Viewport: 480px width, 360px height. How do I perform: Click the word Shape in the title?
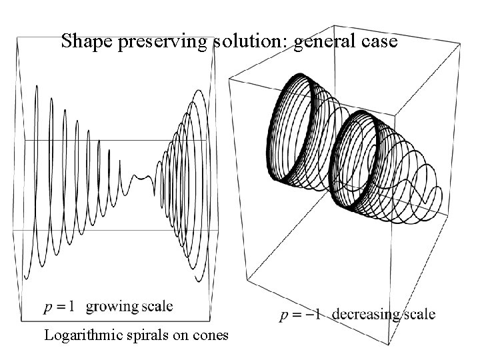pos(82,42)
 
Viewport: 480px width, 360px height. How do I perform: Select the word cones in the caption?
pos(210,335)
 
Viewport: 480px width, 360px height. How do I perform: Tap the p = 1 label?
pos(59,307)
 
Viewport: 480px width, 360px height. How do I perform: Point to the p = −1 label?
pos(302,314)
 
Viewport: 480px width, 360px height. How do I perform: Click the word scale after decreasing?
pos(418,314)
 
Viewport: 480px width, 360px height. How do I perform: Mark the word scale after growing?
pos(157,307)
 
